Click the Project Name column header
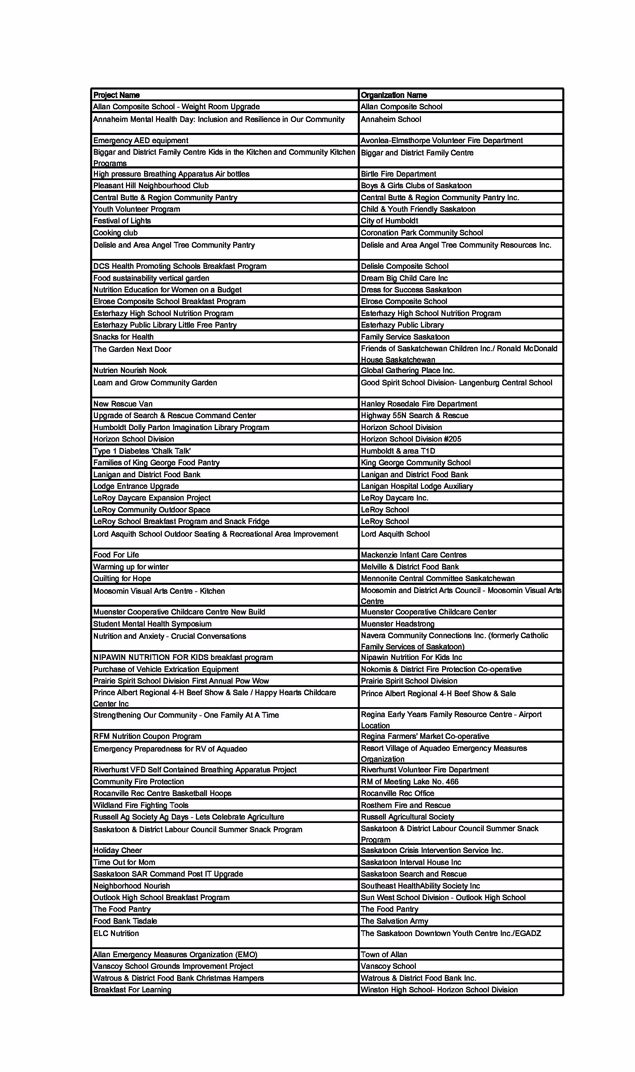click(116, 95)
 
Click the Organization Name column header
click(394, 95)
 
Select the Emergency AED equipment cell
click(141, 140)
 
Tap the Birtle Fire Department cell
click(398, 174)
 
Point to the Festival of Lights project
click(122, 221)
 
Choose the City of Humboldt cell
click(390, 221)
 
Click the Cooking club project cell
click(115, 233)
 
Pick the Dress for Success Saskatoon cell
click(411, 290)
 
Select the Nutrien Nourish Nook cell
click(130, 370)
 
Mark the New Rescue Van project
click(123, 404)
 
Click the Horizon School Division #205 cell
click(411, 439)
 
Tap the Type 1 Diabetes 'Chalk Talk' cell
click(142, 451)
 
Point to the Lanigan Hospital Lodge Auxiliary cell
click(417, 486)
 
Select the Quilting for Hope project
click(122, 578)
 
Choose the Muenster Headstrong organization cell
click(397, 624)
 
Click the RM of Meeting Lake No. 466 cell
click(409, 782)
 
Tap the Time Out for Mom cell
click(124, 862)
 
